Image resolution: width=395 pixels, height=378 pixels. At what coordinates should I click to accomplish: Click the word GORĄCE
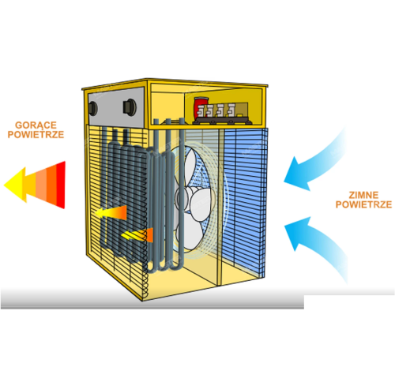point(36,125)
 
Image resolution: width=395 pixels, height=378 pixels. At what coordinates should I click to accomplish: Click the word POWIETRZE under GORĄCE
point(36,134)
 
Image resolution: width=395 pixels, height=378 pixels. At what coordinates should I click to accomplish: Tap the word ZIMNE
point(363,195)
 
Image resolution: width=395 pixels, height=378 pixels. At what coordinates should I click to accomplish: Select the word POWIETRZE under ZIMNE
point(363,204)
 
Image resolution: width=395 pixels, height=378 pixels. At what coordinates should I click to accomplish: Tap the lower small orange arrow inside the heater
point(137,235)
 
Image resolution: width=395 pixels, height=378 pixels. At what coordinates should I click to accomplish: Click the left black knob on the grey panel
point(92,108)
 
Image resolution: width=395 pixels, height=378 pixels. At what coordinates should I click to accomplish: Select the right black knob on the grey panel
point(130,107)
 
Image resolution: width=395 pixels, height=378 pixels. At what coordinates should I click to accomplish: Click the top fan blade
point(190,164)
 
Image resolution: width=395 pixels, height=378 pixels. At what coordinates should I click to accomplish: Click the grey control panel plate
point(116,107)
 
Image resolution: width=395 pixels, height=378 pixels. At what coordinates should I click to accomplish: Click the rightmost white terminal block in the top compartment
point(231,110)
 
